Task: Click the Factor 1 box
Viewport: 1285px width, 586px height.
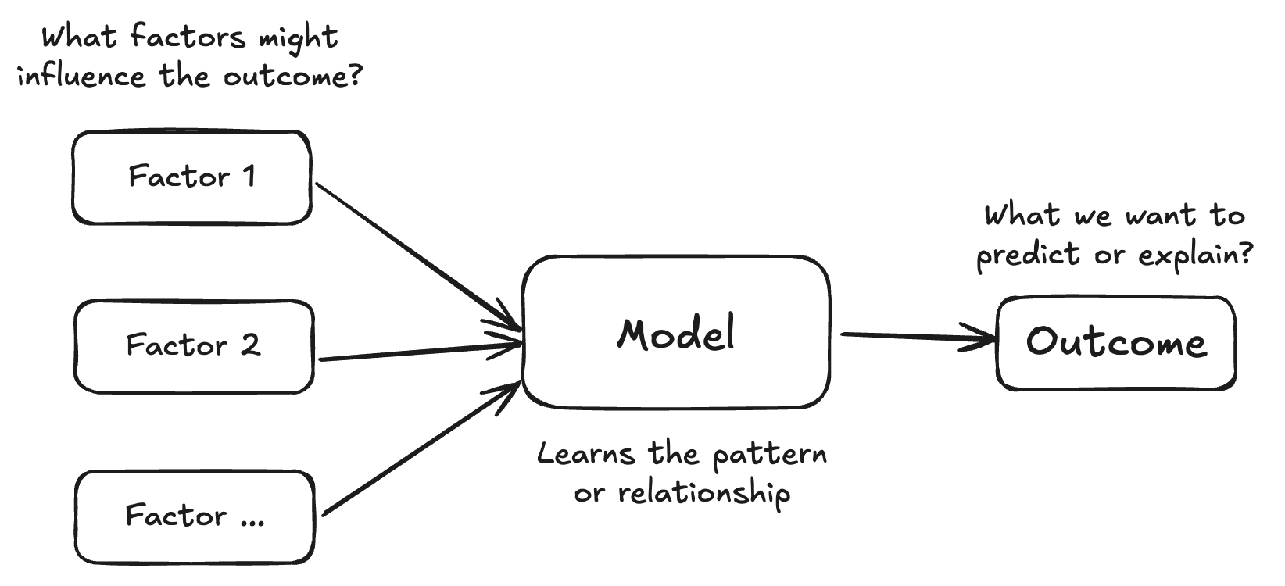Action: point(191,177)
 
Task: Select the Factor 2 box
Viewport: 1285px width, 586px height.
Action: point(194,346)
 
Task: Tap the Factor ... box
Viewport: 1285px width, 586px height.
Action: point(195,516)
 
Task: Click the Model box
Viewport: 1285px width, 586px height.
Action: point(676,332)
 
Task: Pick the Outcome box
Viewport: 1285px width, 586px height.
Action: point(1115,343)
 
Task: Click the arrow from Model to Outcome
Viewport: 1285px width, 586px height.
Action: point(915,337)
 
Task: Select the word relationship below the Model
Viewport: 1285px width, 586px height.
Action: point(703,494)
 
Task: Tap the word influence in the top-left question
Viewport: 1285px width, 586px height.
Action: point(82,77)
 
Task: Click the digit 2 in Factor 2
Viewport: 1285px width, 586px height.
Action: point(249,345)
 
